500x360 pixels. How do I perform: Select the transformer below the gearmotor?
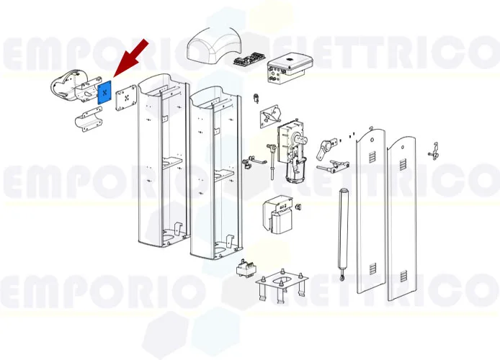pyautogui.click(x=281, y=214)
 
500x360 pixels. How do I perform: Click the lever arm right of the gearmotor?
pyautogui.click(x=326, y=149)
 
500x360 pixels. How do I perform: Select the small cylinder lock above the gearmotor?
pyautogui.click(x=256, y=97)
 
